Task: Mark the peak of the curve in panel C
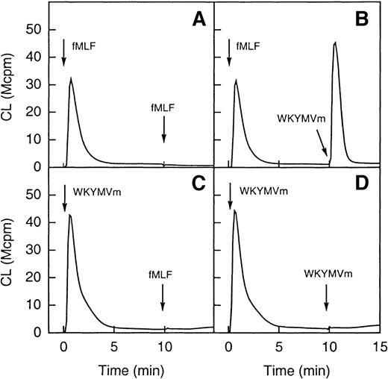pos(69,215)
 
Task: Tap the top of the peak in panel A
pos(70,78)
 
